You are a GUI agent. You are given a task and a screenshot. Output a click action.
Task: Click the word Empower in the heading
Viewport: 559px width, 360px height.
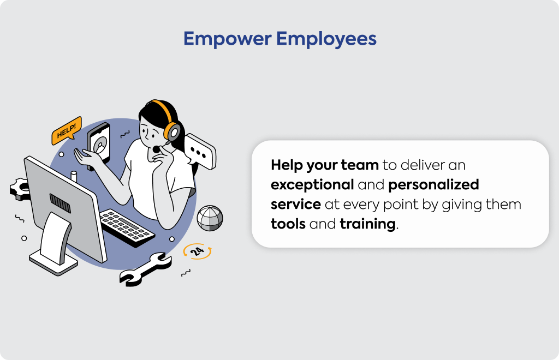point(228,39)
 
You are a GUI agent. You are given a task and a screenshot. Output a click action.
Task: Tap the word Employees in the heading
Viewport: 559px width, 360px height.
point(326,39)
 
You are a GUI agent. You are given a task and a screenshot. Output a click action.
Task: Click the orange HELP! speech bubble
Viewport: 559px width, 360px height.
point(67,130)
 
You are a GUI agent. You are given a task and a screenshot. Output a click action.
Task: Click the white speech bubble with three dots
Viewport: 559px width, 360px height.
point(200,152)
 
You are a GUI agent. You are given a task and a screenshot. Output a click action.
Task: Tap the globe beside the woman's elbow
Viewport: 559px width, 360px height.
point(210,218)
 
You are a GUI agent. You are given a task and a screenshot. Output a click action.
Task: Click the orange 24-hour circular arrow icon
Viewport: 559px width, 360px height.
point(197,251)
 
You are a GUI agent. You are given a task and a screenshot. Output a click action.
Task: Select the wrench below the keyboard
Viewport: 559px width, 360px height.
point(145,269)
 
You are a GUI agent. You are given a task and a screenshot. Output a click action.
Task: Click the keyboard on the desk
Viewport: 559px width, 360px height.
point(127,228)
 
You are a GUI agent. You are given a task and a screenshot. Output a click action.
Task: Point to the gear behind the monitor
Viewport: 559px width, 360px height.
point(19,189)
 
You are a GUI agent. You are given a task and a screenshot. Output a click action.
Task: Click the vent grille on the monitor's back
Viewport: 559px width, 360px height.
point(60,203)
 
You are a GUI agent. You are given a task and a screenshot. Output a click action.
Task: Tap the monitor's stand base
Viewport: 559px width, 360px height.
point(53,262)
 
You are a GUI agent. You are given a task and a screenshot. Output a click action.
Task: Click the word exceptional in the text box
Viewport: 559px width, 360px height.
point(312,184)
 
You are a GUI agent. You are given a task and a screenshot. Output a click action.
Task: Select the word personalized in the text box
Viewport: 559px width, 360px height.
point(433,184)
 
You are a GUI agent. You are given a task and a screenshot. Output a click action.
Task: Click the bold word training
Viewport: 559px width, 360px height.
point(367,224)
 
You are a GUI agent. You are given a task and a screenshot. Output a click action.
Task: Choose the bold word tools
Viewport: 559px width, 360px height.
point(288,224)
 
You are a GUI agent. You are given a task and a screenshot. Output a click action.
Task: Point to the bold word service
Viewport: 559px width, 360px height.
point(295,205)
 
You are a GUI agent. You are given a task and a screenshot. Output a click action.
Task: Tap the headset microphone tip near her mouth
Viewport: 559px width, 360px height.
point(156,149)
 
